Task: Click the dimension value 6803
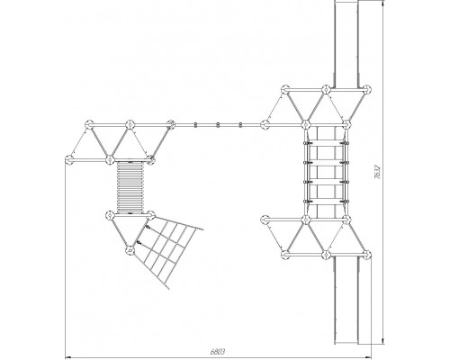218,352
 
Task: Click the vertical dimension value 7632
377,172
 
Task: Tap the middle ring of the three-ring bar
218,124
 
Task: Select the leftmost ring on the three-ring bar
195,124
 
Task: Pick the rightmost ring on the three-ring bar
240,124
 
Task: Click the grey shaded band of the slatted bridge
130,183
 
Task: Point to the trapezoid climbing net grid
168,252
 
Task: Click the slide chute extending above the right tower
346,43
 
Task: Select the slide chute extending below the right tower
346,301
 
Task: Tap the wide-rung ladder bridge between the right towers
326,172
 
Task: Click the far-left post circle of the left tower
69,160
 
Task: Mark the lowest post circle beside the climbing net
130,250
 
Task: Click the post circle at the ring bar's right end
265,124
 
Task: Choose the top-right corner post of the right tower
366,89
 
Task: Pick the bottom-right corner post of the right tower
366,255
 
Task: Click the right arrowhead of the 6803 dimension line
369,357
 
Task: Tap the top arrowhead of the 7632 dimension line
383,3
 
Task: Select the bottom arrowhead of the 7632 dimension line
383,341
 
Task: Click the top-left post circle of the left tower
89,124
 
